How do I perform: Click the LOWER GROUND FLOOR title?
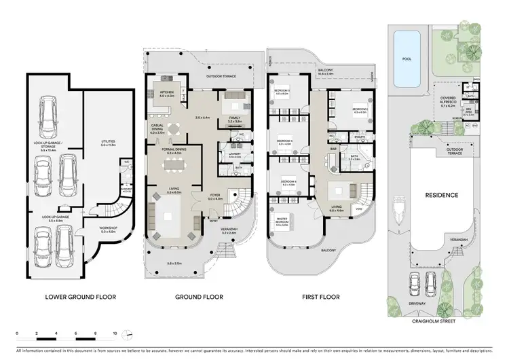point(80,297)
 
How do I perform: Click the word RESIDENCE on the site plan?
point(442,195)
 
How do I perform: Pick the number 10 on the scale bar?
point(115,334)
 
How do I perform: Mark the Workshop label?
point(109,230)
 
